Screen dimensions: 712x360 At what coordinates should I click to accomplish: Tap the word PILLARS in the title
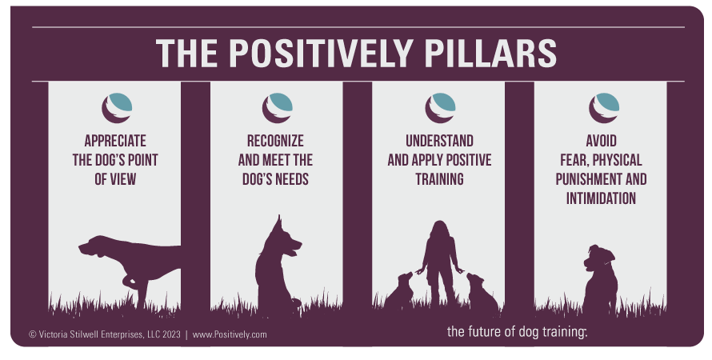[490, 53]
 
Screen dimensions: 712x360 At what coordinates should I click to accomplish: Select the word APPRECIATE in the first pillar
[115, 141]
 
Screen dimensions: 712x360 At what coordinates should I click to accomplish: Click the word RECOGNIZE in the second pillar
[275, 141]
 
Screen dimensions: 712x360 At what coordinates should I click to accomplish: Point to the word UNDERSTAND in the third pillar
[439, 141]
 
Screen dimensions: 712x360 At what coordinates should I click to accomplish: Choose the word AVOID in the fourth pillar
[602, 141]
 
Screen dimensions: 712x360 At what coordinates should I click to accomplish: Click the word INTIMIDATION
[602, 198]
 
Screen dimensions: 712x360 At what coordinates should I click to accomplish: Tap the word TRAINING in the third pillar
[439, 179]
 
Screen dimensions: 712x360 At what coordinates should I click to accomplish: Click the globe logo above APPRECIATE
[117, 108]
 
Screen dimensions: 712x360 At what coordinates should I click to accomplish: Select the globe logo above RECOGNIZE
[278, 108]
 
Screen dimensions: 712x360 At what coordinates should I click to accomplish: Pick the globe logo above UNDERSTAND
[441, 108]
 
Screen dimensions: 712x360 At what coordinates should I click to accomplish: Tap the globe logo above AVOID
[604, 108]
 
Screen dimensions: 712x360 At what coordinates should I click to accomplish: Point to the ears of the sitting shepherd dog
[279, 225]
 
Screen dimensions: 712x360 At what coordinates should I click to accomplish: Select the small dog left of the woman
[399, 290]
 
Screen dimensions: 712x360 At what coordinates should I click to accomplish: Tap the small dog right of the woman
[482, 292]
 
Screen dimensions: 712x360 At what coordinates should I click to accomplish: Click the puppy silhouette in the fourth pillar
[600, 278]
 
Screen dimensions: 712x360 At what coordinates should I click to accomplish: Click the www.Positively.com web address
[230, 335]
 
